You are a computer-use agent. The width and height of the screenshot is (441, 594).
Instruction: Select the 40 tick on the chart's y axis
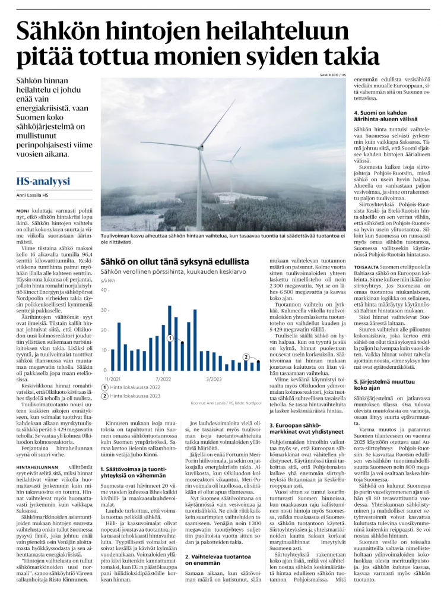[105, 290]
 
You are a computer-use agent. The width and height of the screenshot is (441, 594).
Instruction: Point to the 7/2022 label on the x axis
[163, 378]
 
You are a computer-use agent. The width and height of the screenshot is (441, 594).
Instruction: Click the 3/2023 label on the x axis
[214, 378]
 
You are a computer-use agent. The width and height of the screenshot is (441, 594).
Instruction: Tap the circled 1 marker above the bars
[170, 337]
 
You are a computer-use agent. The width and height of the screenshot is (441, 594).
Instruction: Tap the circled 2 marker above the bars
[246, 357]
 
